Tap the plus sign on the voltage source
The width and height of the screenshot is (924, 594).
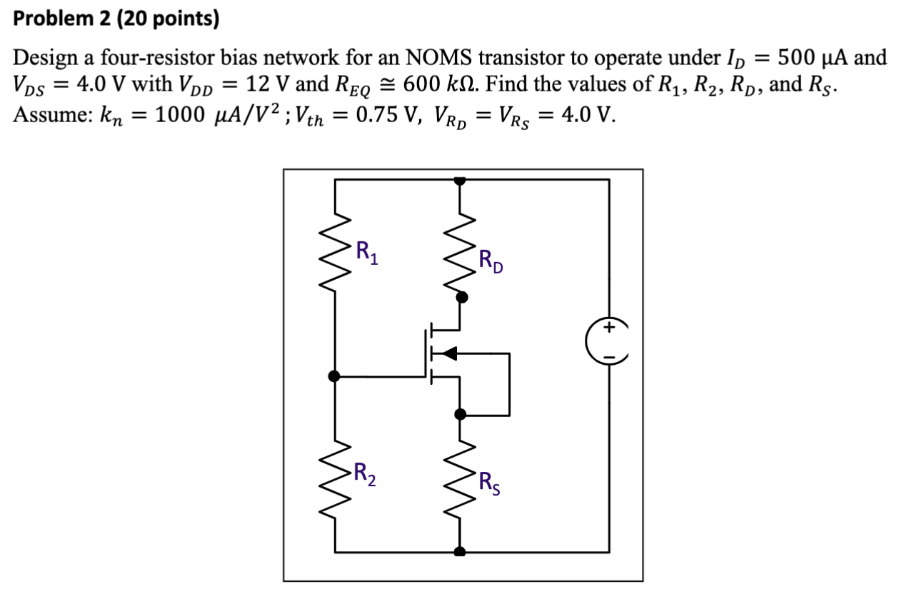click(609, 328)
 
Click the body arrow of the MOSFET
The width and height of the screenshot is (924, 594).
click(448, 353)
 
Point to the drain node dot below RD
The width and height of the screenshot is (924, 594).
click(462, 296)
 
